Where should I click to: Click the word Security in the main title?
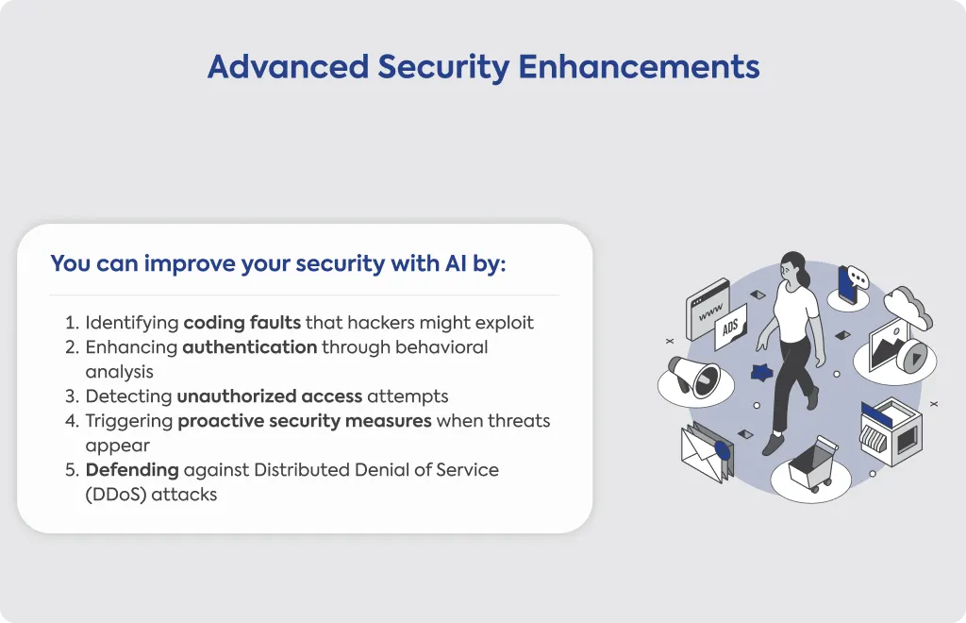point(443,68)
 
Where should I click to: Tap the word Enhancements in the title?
point(640,67)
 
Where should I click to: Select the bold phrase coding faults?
point(242,323)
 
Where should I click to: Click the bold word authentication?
point(249,347)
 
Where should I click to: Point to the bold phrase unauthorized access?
point(269,396)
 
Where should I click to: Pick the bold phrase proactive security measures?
point(305,421)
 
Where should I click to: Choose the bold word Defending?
point(132,470)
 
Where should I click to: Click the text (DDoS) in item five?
point(116,495)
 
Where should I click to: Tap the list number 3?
point(72,396)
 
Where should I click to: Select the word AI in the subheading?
point(456,263)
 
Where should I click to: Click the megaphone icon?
point(693,376)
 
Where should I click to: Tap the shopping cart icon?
point(813,463)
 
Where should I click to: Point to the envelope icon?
point(706,453)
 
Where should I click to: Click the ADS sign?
point(731,327)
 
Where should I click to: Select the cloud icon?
point(908,307)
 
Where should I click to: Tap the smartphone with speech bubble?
point(850,283)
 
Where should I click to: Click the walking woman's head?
point(792,267)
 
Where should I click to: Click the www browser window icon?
point(708,309)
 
